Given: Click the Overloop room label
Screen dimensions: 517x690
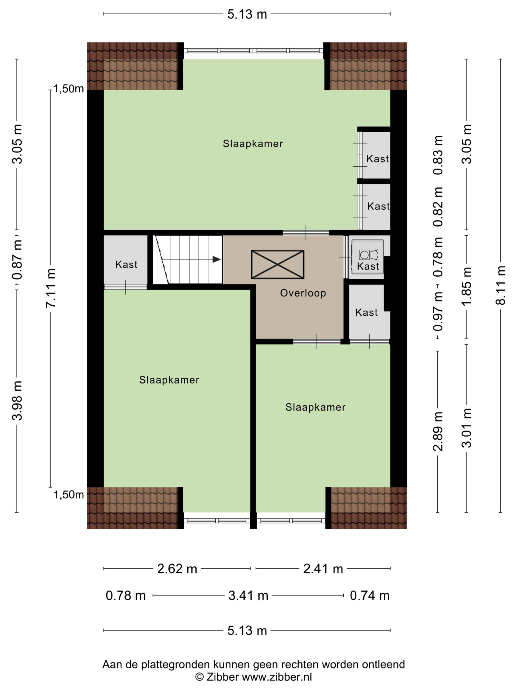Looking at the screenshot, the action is click(x=303, y=293).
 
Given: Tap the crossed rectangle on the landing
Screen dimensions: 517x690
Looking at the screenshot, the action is click(x=277, y=264).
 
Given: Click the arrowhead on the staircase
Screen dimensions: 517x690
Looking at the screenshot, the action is click(x=216, y=259).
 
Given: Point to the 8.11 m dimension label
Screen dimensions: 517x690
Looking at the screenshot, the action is click(x=501, y=285).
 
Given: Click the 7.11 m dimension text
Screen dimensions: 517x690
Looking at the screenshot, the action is click(x=50, y=288).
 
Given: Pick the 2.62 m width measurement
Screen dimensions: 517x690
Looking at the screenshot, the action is click(x=177, y=569).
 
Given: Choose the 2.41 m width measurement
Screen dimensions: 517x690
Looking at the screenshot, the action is click(x=323, y=569).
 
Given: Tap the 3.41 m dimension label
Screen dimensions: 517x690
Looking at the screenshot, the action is click(x=248, y=595).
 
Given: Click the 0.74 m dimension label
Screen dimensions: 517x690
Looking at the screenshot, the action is click(x=370, y=595).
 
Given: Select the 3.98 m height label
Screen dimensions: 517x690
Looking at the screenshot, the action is click(x=17, y=401).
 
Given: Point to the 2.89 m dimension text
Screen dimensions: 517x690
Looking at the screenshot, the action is click(x=438, y=432).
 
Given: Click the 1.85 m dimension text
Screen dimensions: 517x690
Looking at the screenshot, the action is click(x=467, y=286).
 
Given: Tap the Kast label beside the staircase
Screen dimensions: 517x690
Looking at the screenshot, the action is click(x=126, y=264).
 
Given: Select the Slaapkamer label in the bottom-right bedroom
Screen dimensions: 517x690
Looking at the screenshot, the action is click(x=315, y=407).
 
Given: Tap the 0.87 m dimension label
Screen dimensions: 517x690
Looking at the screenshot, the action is click(x=17, y=260).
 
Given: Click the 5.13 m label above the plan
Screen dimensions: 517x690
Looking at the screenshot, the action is click(x=247, y=14).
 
